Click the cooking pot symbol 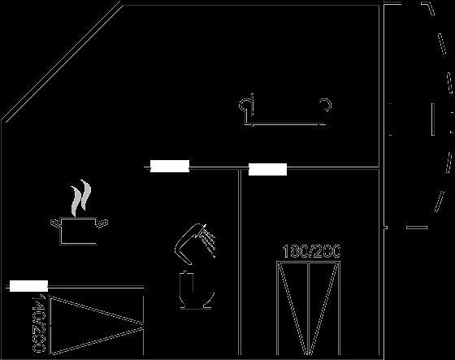pos(78,231)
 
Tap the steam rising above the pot pos(80,198)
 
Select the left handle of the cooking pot pos(55,223)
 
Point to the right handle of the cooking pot pos(102,223)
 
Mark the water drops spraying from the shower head pos(209,241)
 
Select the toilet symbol pos(195,290)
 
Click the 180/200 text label pos(311,251)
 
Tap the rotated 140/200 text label pos(39,323)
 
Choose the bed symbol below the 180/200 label pos(308,308)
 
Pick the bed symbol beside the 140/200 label pos(97,325)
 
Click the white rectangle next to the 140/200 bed pos(28,286)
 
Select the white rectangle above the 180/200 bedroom pos(267,169)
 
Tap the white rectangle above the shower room pos(170,166)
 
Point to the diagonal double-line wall pos(62,62)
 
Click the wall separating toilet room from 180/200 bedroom pos(240,262)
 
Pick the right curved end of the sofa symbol pos(327,105)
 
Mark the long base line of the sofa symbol pos(286,125)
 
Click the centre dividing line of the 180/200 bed pos(309,308)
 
